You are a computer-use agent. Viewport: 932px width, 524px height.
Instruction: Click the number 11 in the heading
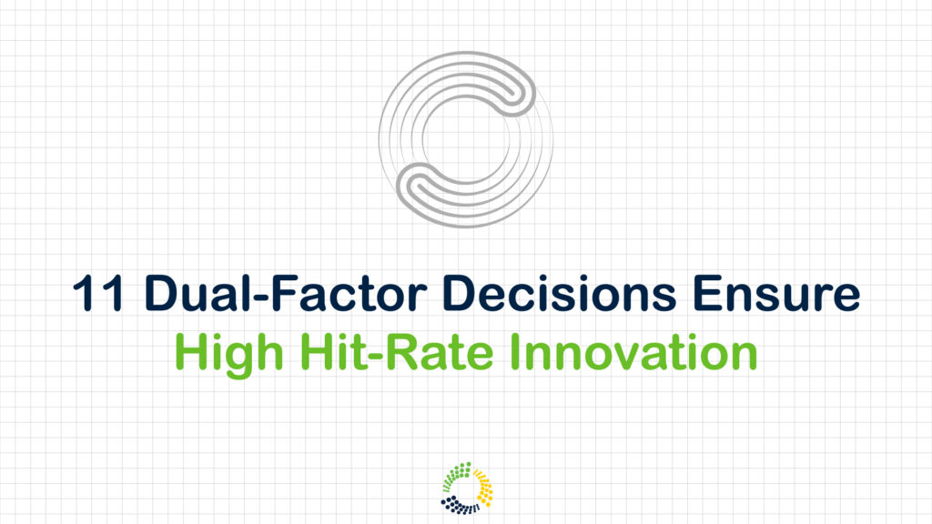click(x=97, y=293)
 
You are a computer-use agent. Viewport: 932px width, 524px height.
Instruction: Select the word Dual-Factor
click(x=286, y=293)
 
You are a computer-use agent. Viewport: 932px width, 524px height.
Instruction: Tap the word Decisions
click(x=560, y=293)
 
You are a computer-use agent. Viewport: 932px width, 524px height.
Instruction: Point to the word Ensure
click(x=776, y=293)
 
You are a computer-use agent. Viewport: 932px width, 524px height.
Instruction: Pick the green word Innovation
click(x=633, y=352)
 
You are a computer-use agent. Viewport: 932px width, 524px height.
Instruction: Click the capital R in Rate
click(x=401, y=352)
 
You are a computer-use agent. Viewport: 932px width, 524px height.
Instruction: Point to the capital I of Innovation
click(x=515, y=352)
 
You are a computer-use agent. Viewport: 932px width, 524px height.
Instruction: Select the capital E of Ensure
click(x=706, y=293)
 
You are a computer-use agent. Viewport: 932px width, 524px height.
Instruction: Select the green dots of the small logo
click(x=457, y=475)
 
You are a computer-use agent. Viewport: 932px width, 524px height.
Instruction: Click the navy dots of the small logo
click(x=459, y=506)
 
